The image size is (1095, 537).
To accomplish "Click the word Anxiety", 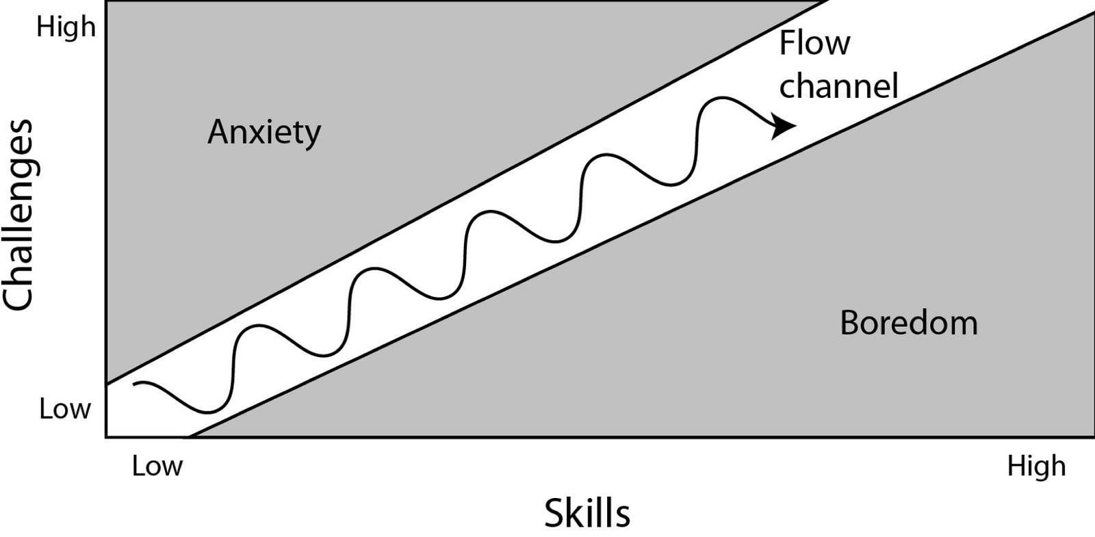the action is tap(264, 133).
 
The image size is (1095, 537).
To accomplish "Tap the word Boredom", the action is tap(909, 323).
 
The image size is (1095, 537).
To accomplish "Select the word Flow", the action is tap(814, 42).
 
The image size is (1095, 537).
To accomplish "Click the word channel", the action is tap(838, 86).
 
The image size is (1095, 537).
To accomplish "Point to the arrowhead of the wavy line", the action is tap(784, 126).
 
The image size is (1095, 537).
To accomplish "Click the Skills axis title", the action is tap(587, 513).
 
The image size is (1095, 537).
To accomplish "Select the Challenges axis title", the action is tap(18, 215).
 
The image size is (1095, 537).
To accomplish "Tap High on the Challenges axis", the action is tap(66, 27).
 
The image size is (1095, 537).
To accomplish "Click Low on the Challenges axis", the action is tap(65, 408).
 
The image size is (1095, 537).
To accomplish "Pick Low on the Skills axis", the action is tap(157, 466).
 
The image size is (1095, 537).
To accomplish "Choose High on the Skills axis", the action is tap(1036, 466).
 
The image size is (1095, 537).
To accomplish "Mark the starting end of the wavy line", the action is tap(134, 384).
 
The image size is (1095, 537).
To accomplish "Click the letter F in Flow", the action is tap(788, 42).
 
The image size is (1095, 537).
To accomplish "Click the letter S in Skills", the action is tap(554, 514).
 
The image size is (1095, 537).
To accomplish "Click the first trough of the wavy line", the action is tap(208, 412).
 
